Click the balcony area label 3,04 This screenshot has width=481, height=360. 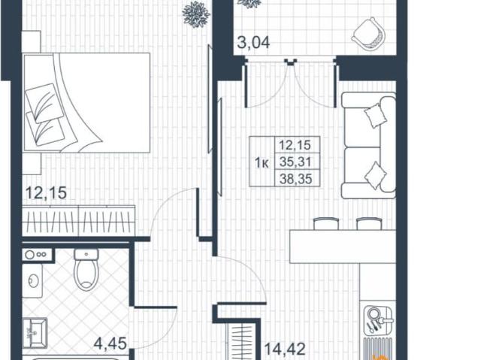[253, 42]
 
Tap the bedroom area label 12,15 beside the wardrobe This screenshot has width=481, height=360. [46, 193]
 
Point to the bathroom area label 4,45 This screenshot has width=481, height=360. [110, 343]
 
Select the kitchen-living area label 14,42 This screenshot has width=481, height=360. [285, 349]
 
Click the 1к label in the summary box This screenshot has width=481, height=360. [262, 163]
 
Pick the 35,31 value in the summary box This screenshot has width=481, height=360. [295, 162]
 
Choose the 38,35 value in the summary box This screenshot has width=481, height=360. [295, 178]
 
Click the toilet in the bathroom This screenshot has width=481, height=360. [87, 270]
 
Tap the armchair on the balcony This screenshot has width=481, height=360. [368, 34]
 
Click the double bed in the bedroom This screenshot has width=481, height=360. [87, 103]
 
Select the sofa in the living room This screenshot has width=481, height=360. [368, 145]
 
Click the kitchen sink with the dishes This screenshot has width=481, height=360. [378, 320]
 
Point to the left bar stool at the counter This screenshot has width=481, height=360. [326, 223]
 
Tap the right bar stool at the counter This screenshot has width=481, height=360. [369, 223]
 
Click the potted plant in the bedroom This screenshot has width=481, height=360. [196, 14]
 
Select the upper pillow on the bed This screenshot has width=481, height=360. [44, 103]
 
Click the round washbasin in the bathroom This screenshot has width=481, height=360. [33, 280]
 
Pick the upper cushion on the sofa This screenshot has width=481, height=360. [375, 115]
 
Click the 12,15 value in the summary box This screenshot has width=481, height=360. [295, 145]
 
